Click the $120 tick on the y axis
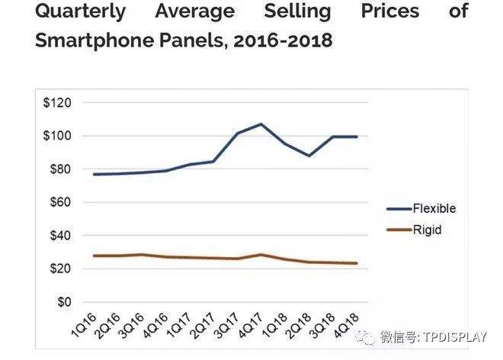[x=58, y=103]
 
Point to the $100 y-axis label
[x=58, y=137]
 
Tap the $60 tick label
[x=60, y=203]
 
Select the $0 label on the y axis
[x=64, y=303]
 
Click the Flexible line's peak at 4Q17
[x=261, y=124]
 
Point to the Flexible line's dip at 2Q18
[x=309, y=156]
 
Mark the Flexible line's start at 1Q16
[x=94, y=175]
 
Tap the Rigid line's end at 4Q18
[x=357, y=264]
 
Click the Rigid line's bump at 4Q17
[x=261, y=255]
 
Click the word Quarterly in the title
[x=82, y=12]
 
